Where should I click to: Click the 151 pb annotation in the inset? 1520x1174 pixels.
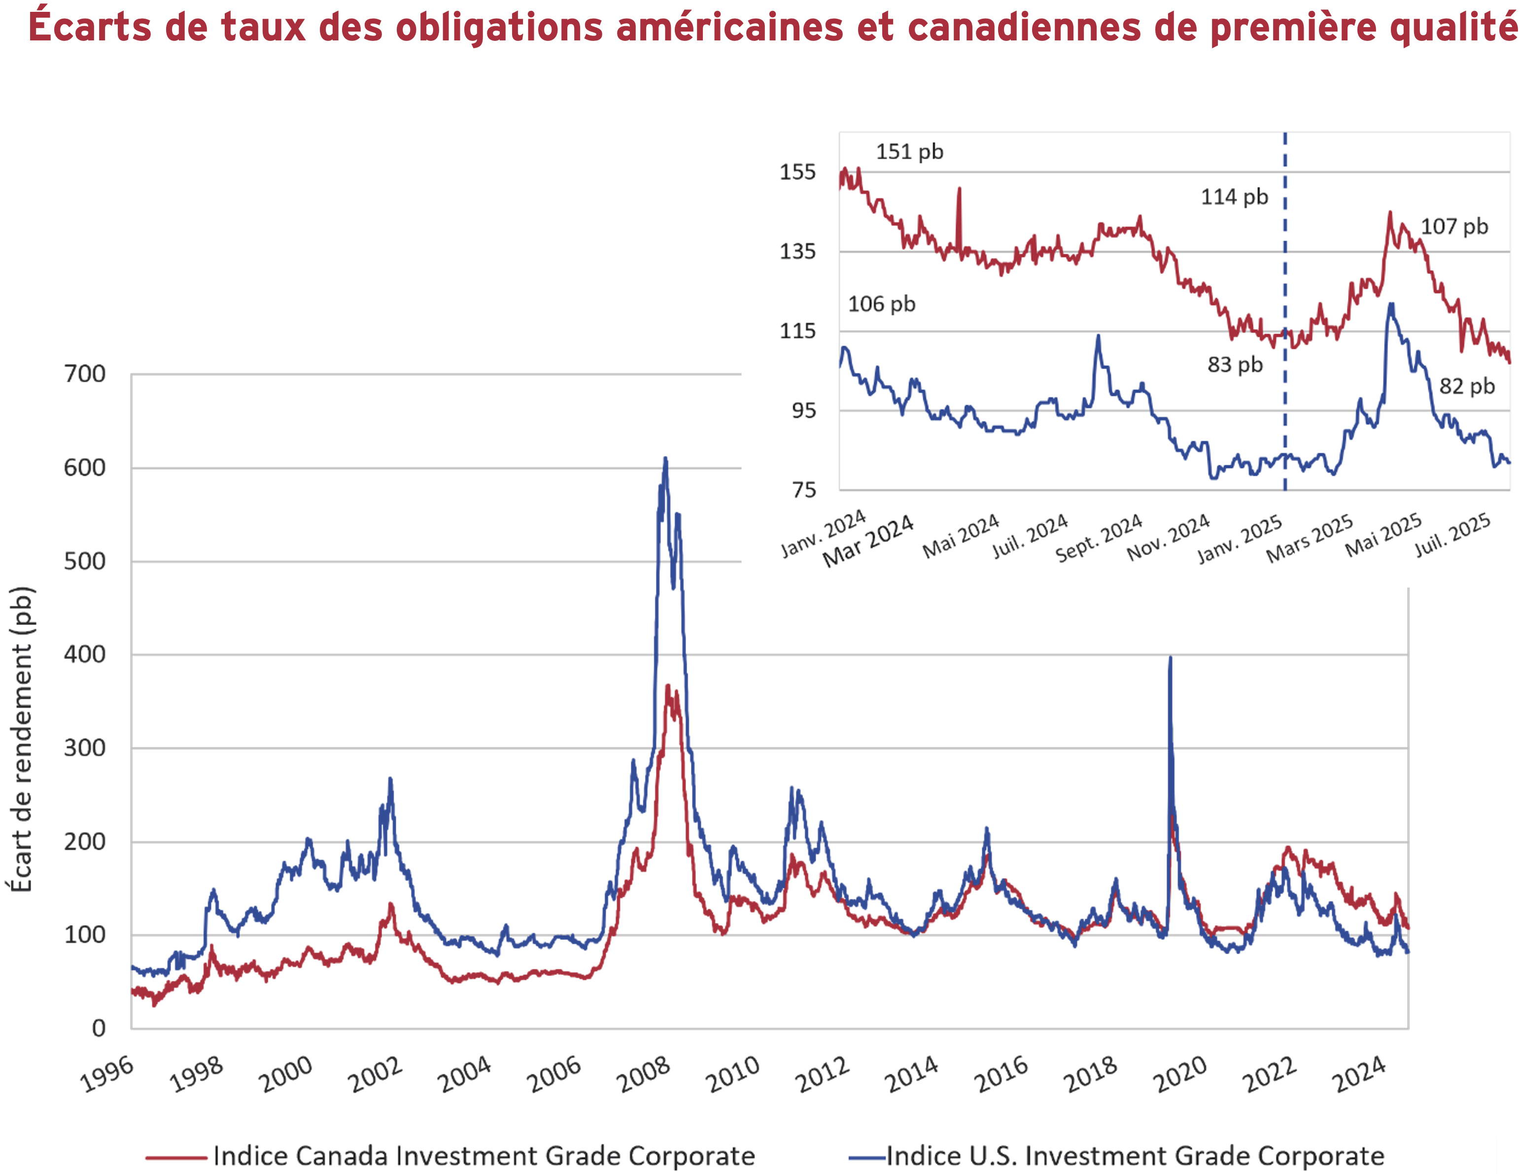(x=909, y=152)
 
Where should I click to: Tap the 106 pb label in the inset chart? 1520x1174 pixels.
(x=881, y=304)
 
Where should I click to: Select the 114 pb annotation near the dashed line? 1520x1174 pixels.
(x=1234, y=197)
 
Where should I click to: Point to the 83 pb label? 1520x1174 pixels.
(x=1235, y=365)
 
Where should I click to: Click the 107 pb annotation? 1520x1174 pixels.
(x=1454, y=226)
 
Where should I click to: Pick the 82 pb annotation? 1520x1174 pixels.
(x=1466, y=386)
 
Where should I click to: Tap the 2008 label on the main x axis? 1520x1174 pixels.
(x=644, y=1074)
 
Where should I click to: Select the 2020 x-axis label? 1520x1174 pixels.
(x=1179, y=1074)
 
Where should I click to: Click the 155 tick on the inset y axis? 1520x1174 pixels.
(x=797, y=172)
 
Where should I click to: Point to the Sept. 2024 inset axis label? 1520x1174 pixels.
(x=1098, y=538)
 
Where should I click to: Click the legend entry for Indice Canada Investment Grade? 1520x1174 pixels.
(x=484, y=1156)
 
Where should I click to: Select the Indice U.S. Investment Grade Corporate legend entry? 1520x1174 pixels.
(x=1135, y=1156)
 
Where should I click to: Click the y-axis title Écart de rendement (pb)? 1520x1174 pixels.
(x=21, y=740)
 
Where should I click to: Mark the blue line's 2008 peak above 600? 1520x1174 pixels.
(x=665, y=459)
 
